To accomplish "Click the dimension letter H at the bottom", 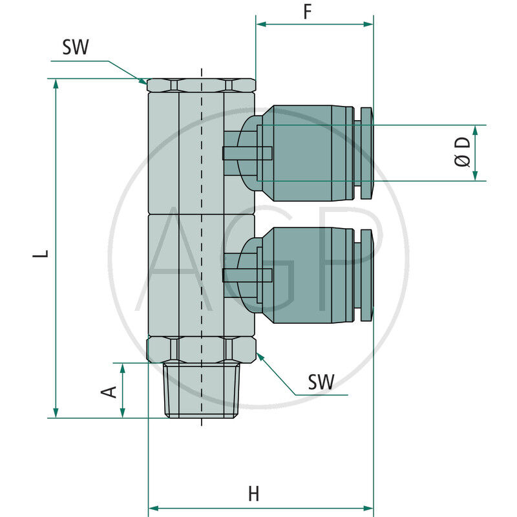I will [253, 494].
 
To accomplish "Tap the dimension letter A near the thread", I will [109, 391].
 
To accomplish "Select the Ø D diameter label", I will [463, 153].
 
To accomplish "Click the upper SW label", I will [76, 47].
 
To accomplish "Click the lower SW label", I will [321, 383].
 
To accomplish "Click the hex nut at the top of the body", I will [201, 85].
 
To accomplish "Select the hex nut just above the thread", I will [201, 350].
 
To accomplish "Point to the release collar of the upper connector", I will [366, 153].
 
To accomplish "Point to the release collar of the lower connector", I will [366, 275].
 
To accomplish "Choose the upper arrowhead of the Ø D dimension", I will [475, 130].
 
